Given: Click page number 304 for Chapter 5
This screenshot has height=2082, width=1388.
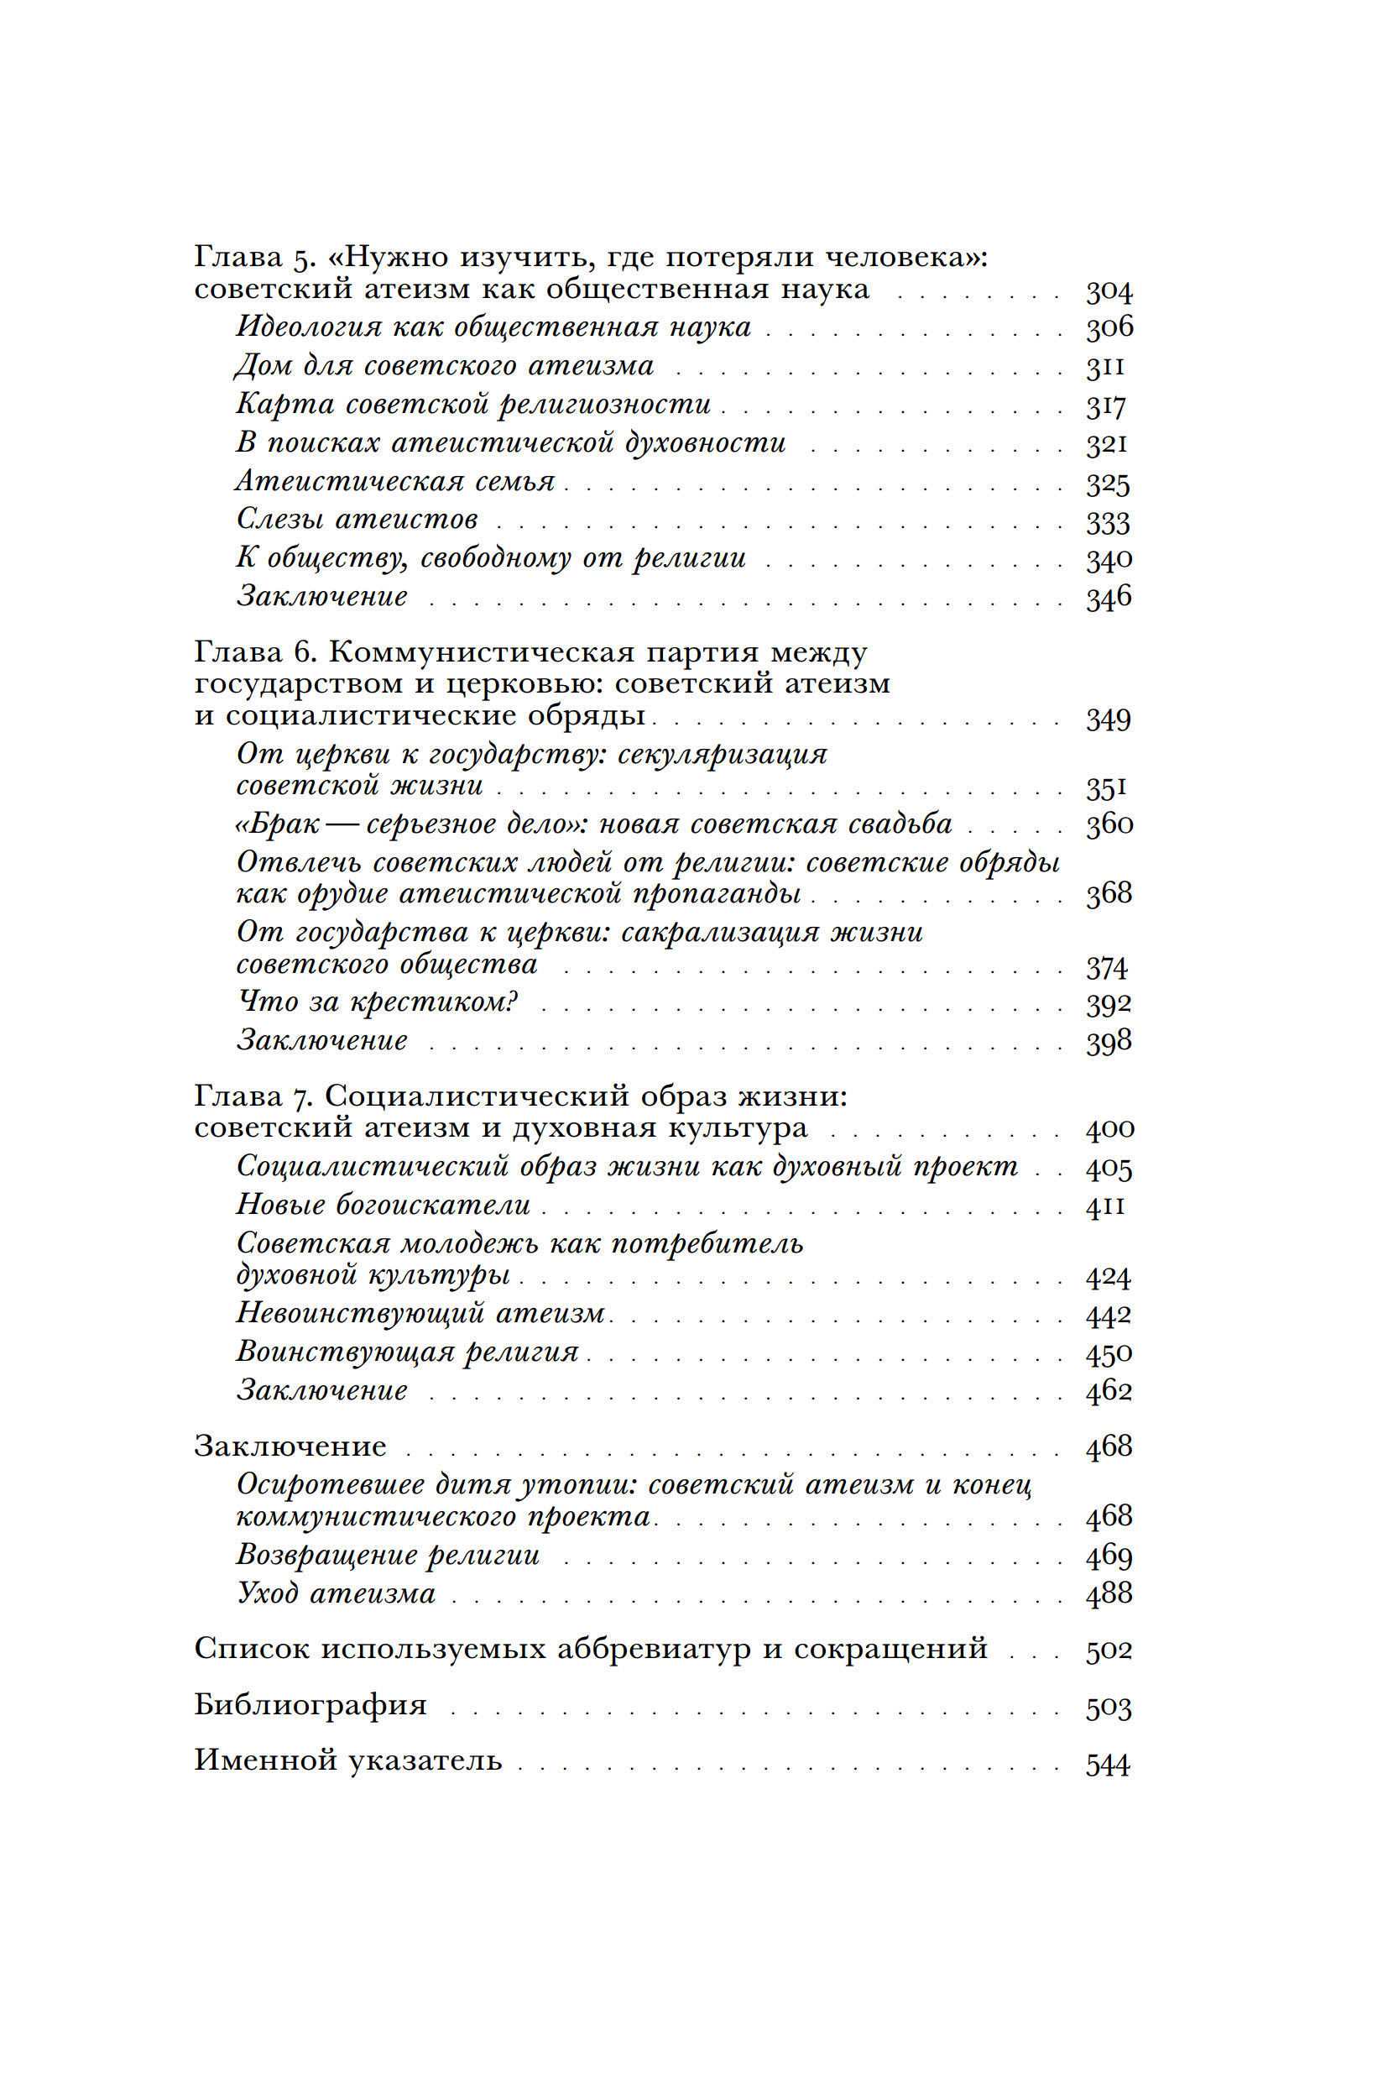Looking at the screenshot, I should click(x=1109, y=291).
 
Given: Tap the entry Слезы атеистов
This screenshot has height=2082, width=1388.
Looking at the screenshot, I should click(x=357, y=520).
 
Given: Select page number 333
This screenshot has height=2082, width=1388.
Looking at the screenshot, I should click(x=1108, y=522).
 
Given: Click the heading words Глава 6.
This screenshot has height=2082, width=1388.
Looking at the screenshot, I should click(x=255, y=652).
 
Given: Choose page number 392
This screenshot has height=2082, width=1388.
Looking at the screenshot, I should click(x=1109, y=1003).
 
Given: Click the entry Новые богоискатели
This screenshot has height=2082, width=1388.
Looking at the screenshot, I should click(x=384, y=1206).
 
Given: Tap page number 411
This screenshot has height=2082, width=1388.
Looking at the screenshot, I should click(x=1106, y=1206).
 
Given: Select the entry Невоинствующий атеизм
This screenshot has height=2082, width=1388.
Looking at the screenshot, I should click(x=420, y=1313).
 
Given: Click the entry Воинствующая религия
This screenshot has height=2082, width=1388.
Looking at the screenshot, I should click(x=407, y=1352).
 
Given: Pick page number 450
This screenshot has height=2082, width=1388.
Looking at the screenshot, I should click(x=1109, y=1354).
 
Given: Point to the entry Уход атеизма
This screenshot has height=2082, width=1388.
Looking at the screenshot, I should click(x=337, y=1593).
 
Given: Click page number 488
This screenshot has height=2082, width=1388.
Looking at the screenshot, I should click(x=1109, y=1593).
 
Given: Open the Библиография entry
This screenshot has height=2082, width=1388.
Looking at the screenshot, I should click(x=310, y=1705).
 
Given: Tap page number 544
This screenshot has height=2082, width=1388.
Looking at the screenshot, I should click(x=1108, y=1765).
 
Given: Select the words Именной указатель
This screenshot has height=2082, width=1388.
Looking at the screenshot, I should click(x=348, y=1760).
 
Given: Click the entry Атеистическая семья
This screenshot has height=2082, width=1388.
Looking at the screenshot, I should click(x=394, y=482).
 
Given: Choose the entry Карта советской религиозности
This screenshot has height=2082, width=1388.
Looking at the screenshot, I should click(x=473, y=405).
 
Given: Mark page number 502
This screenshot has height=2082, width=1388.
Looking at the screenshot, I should click(x=1109, y=1650).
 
